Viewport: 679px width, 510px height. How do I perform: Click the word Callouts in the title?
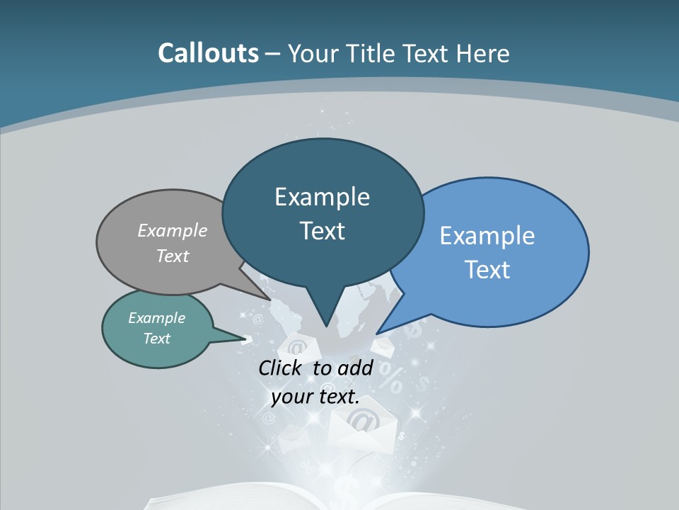[x=208, y=53]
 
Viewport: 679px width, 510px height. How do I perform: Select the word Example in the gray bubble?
[x=173, y=230]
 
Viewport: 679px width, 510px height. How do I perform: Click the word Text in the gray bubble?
[x=173, y=256]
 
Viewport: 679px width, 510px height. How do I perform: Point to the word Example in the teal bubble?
[x=156, y=318]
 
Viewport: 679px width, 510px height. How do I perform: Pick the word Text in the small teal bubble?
[x=156, y=339]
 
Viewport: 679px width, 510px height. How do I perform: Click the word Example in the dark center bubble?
[x=322, y=197]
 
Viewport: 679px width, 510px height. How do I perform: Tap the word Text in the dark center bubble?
[x=322, y=231]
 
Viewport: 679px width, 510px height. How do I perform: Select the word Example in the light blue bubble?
[x=487, y=236]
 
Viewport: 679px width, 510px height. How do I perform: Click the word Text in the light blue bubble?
[x=487, y=270]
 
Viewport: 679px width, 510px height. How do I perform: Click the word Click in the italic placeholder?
[x=282, y=368]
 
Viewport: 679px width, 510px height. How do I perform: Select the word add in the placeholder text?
[x=355, y=368]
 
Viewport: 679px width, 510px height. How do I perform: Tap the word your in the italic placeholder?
[x=291, y=397]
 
